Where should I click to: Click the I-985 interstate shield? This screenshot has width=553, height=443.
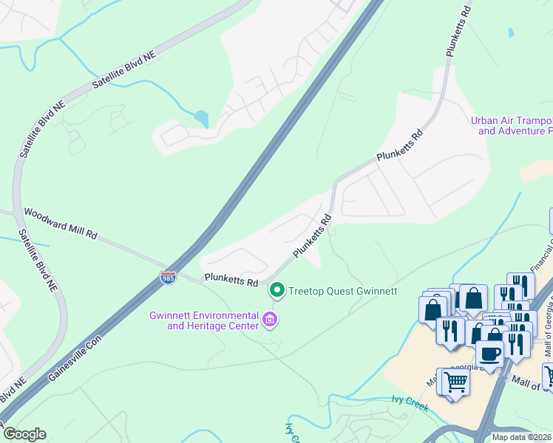[x=168, y=278]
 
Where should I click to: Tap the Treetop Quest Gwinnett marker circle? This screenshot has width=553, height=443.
[x=277, y=290]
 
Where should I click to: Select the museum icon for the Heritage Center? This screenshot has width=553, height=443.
[x=270, y=320]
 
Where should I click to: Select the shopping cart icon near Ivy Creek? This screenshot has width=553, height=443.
[x=456, y=382]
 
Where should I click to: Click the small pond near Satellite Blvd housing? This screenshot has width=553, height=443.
[x=201, y=118]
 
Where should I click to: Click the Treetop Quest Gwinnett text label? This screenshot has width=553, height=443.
[x=343, y=291]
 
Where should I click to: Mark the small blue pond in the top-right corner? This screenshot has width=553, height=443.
[x=510, y=33]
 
